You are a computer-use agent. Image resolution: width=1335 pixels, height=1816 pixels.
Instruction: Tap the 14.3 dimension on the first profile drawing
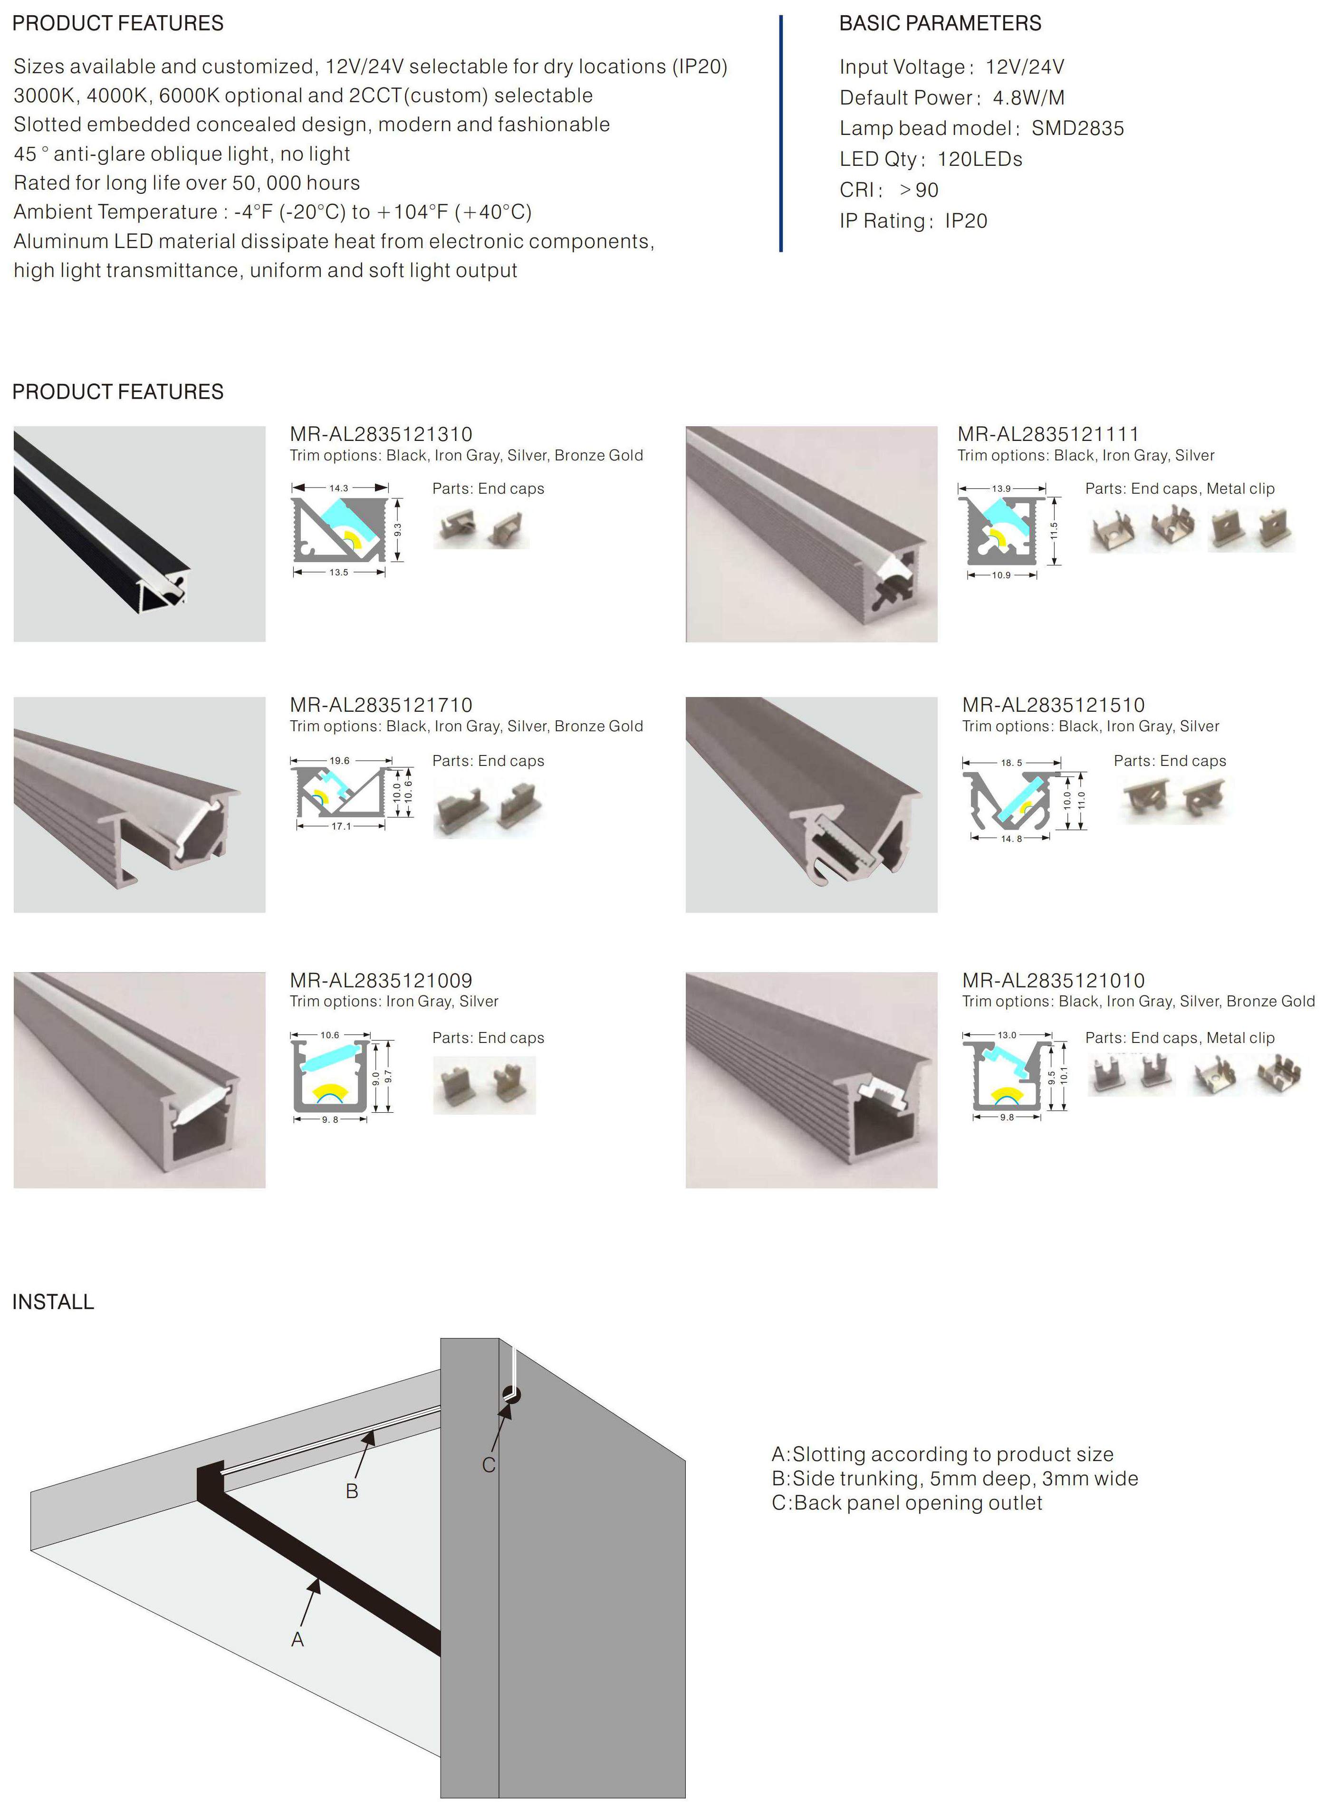click(x=338, y=488)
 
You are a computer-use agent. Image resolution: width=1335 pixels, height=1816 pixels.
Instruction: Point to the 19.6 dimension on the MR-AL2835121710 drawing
click(x=339, y=760)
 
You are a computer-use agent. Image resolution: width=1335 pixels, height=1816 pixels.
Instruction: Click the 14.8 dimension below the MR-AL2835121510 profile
click(x=1011, y=839)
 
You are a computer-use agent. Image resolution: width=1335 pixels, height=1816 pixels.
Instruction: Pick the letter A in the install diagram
click(x=298, y=1640)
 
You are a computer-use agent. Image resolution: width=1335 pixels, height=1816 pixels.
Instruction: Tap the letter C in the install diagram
click(x=488, y=1464)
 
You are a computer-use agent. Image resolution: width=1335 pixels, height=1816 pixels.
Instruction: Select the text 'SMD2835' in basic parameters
click(x=1077, y=128)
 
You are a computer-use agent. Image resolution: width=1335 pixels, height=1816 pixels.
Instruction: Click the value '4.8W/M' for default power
click(x=1028, y=98)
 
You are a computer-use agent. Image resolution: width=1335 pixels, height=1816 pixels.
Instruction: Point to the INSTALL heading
click(x=53, y=1301)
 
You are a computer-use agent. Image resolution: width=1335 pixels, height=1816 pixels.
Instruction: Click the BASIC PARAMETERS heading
click(x=940, y=23)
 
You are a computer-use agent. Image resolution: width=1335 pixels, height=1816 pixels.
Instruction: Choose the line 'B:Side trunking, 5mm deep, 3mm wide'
click(x=954, y=1478)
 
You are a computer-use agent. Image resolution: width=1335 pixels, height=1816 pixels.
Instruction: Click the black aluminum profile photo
click(x=139, y=534)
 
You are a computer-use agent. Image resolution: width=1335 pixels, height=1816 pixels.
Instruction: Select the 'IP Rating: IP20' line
click(x=913, y=220)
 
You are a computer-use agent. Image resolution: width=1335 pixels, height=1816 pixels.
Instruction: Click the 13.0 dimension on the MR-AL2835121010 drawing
click(x=1007, y=1035)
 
